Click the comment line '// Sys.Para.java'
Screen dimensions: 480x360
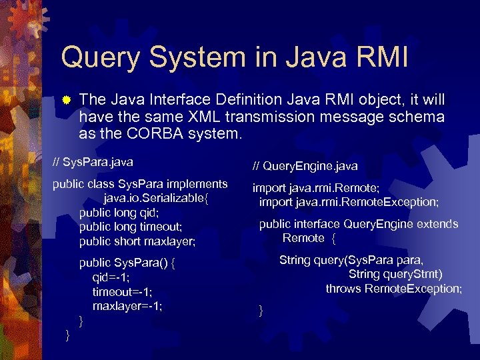[x=93, y=162]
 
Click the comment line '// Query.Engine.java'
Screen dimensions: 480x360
[x=305, y=165]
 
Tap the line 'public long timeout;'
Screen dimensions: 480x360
[x=131, y=227]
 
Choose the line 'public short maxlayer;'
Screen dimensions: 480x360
[x=137, y=241]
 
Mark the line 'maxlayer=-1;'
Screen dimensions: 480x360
[x=127, y=306]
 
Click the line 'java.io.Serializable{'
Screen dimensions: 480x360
[x=159, y=198]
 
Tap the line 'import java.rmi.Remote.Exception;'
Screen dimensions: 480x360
[x=349, y=201]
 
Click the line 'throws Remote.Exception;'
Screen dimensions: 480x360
[x=393, y=288]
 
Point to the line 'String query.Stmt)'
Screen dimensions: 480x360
[x=395, y=274]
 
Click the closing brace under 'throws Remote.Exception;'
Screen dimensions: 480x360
[x=261, y=310]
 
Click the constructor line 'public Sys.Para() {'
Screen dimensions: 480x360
[x=127, y=263]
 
